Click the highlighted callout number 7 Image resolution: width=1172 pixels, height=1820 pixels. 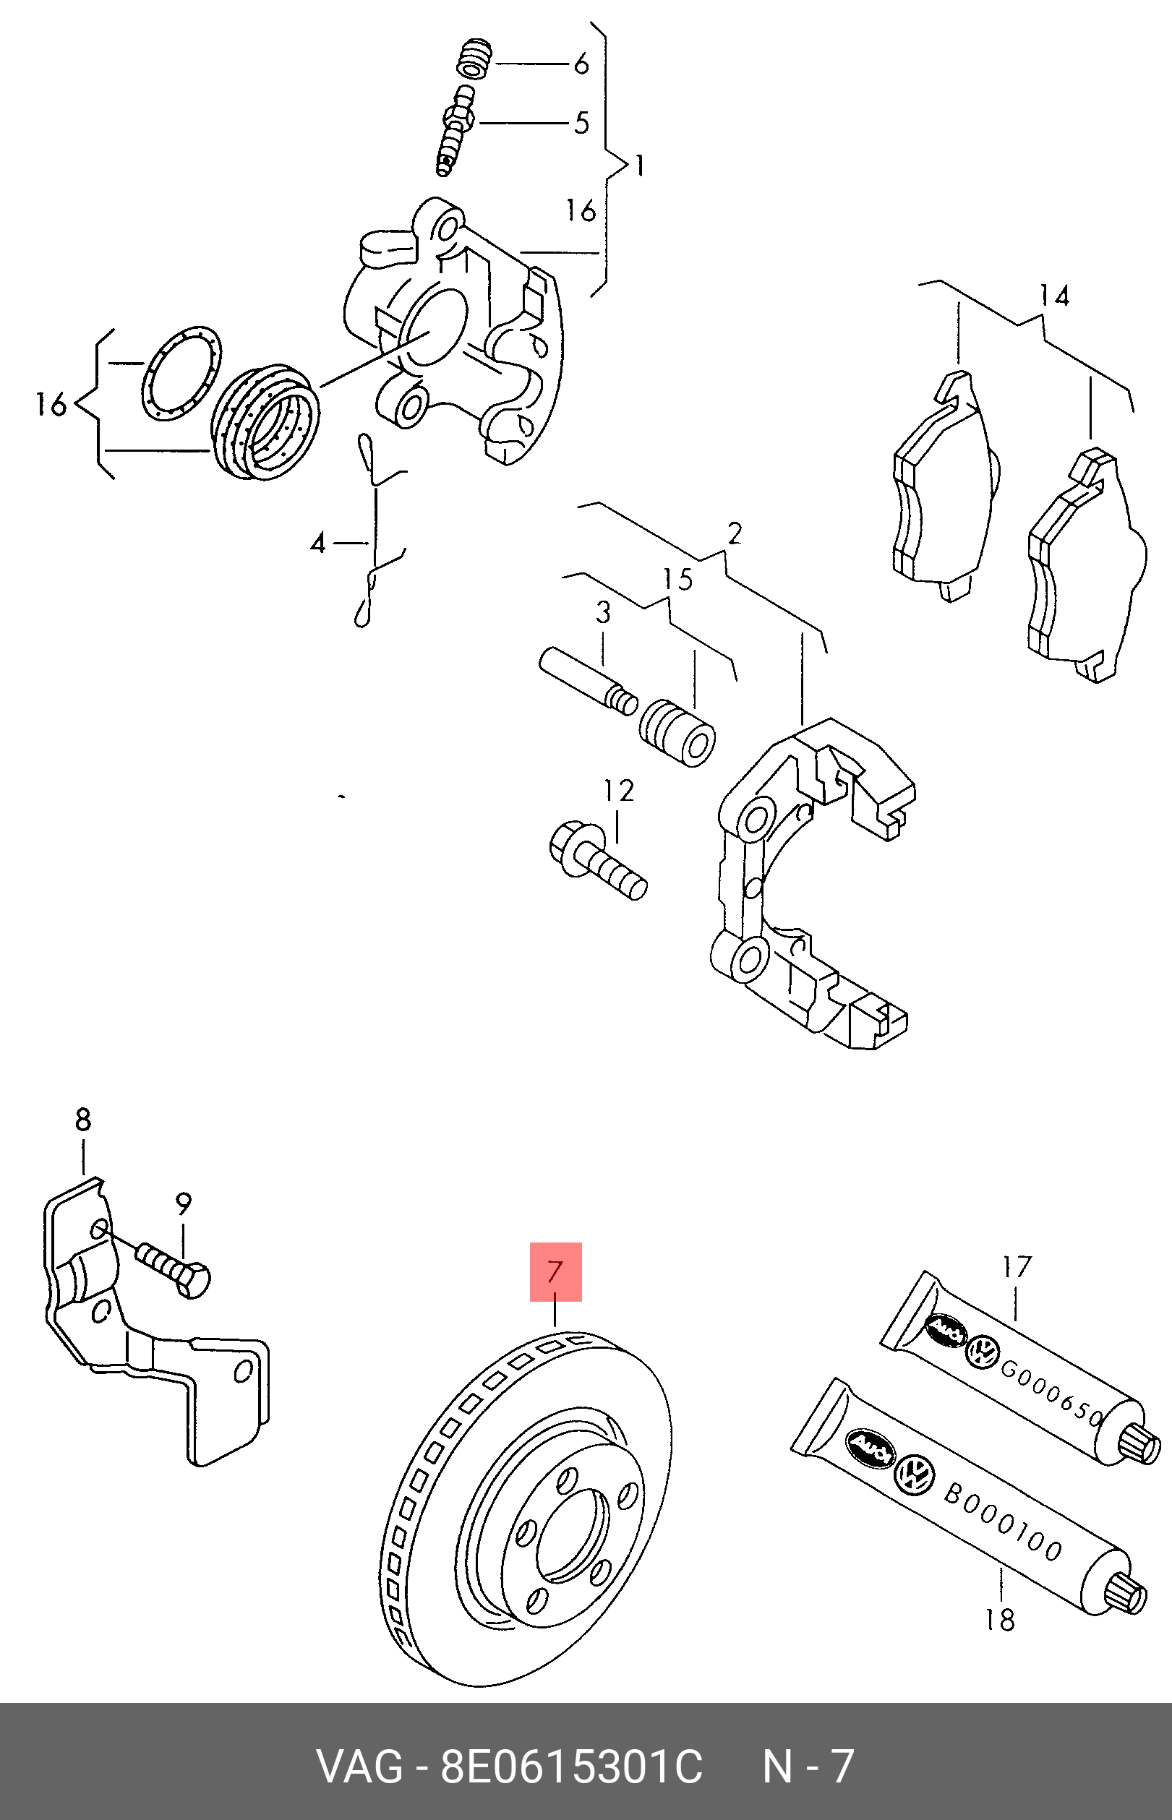[x=555, y=1272]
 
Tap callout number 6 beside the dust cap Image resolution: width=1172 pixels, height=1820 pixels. [x=581, y=64]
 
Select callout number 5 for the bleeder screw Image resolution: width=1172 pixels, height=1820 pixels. [x=581, y=122]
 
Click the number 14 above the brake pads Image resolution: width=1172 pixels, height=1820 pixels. [x=1054, y=296]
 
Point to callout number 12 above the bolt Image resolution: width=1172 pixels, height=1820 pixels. [x=619, y=791]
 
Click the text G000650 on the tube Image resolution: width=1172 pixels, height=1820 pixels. [x=1052, y=1393]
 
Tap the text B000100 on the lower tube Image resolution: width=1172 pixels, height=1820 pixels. [x=1002, y=1521]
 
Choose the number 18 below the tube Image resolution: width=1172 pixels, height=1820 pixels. [x=999, y=1620]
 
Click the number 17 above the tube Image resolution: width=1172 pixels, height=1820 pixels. [x=1016, y=1267]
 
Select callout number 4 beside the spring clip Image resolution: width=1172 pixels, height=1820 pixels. [x=318, y=544]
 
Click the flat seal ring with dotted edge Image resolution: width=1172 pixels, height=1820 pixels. [x=181, y=373]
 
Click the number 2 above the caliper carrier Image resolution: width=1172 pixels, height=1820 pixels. [x=734, y=534]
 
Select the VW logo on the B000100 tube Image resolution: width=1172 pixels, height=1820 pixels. [x=914, y=1475]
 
